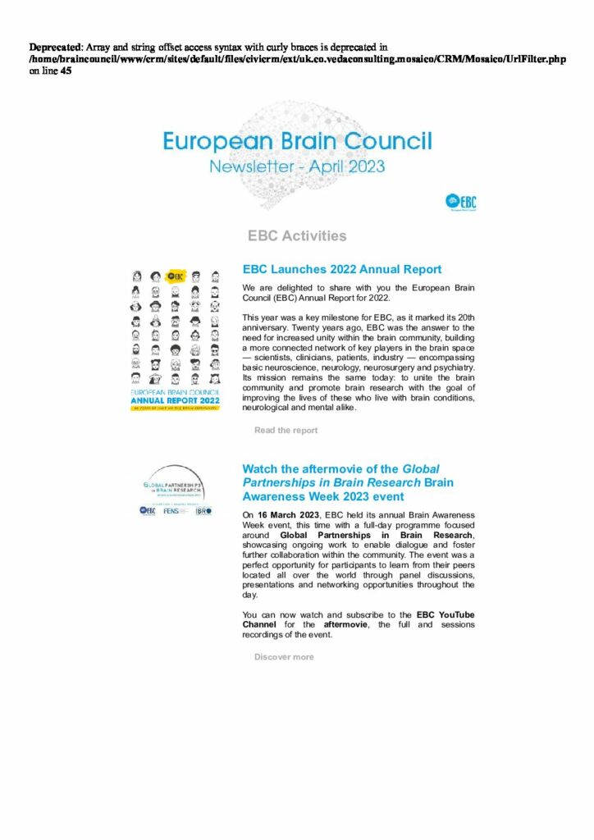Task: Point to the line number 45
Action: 66,71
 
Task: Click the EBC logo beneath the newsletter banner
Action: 461,201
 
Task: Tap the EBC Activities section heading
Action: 297,236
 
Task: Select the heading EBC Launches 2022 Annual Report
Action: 342,269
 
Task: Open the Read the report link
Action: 286,430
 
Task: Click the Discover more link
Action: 283,656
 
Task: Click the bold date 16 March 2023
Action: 291,514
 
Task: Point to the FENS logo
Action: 171,510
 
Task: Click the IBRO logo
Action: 203,510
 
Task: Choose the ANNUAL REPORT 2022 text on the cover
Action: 176,401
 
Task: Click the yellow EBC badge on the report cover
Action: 174,276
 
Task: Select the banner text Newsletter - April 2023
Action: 297,167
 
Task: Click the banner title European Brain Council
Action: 297,141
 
